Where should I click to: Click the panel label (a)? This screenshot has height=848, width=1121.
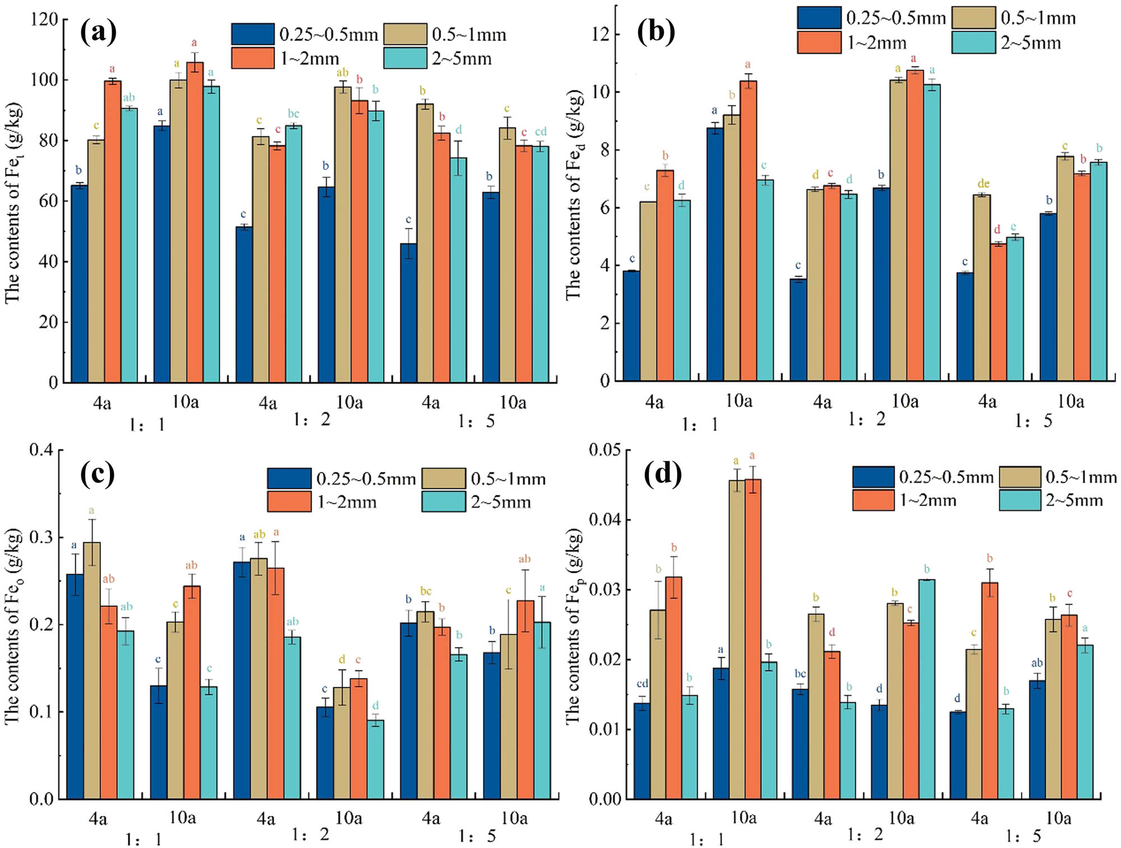click(x=99, y=33)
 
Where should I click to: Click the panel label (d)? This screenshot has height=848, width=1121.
click(x=663, y=474)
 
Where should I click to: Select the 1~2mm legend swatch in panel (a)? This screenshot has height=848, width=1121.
click(x=253, y=58)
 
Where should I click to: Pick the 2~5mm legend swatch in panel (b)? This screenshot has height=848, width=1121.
click(x=974, y=43)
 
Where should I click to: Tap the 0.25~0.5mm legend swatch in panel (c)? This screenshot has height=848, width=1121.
click(x=289, y=478)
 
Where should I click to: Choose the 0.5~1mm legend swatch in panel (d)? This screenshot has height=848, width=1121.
click(x=1020, y=477)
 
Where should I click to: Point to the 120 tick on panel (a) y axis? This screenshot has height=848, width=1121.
click(x=44, y=20)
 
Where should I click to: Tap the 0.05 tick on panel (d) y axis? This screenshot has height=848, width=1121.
click(x=605, y=450)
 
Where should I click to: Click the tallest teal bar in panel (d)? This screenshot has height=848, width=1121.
click(x=927, y=689)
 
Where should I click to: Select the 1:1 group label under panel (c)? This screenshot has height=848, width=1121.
click(x=143, y=840)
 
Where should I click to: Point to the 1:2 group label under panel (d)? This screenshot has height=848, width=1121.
click(x=865, y=835)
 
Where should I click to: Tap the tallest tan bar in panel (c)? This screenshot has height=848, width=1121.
click(x=92, y=670)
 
